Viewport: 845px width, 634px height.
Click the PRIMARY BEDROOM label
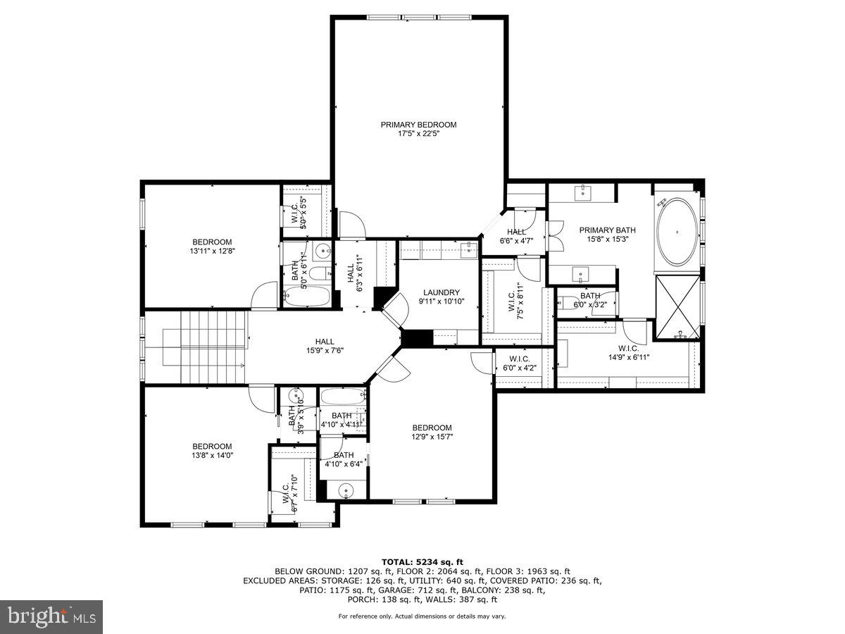click(x=418, y=125)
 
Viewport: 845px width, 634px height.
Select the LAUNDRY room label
click(x=442, y=292)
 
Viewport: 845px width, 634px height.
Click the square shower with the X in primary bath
click(x=677, y=308)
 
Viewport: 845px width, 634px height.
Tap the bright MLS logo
click(x=51, y=616)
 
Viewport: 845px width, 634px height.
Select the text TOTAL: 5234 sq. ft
click(x=422, y=561)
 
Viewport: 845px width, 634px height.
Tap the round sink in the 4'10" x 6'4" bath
click(x=345, y=490)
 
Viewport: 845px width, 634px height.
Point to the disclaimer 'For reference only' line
click(x=422, y=616)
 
